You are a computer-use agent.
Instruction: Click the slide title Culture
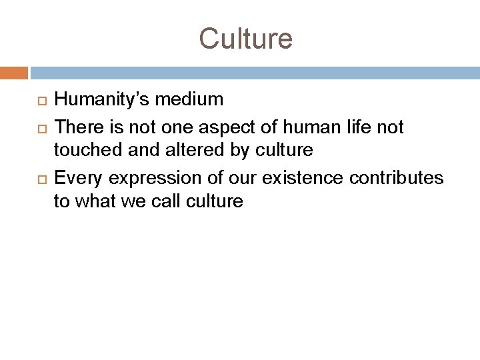coord(245,38)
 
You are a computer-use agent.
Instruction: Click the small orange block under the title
coord(14,72)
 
